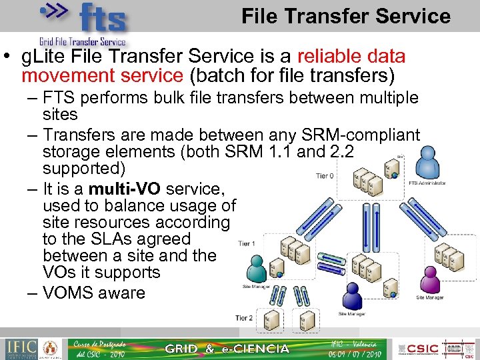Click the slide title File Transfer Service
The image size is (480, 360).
tap(345, 16)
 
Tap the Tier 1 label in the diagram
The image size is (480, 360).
tap(247, 243)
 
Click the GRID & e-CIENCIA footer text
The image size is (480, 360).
tap(227, 349)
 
